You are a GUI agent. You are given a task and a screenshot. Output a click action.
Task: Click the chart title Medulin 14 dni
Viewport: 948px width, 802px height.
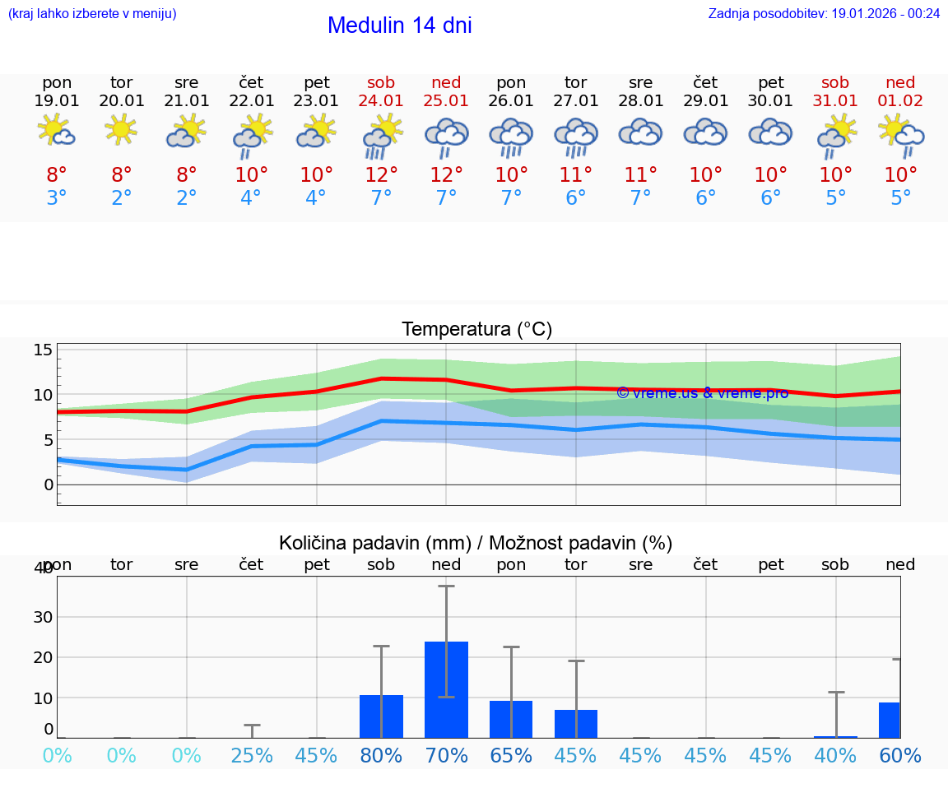pos(399,25)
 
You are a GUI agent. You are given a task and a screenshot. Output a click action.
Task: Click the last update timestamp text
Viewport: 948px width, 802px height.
pos(824,13)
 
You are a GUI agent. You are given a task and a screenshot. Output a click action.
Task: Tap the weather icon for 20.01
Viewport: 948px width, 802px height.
pos(122,130)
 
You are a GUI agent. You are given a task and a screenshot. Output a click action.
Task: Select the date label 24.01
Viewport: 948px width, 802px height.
pos(381,100)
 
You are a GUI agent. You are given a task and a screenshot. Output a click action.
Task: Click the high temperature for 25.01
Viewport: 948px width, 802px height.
pos(446,175)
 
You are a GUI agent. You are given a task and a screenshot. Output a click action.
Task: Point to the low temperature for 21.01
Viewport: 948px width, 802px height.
pos(187,198)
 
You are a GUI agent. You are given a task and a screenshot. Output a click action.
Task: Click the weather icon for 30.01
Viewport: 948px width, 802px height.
pos(770,132)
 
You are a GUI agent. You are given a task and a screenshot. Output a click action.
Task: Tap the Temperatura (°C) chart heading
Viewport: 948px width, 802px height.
pos(476,329)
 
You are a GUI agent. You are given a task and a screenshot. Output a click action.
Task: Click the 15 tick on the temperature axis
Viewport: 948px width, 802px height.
pos(43,350)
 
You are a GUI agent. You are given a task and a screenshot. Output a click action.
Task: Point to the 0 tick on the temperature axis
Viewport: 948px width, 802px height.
pos(48,484)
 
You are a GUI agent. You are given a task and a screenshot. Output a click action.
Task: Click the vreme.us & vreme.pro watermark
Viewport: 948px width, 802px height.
pos(702,393)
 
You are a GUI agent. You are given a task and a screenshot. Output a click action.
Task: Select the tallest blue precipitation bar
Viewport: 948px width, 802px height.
pos(446,689)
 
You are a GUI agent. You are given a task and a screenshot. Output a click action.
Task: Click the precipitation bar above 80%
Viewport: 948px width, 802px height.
pos(381,716)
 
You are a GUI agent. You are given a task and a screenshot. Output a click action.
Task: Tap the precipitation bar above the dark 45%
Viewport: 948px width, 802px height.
pos(576,723)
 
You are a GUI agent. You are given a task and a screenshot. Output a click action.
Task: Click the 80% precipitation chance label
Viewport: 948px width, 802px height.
pos(381,755)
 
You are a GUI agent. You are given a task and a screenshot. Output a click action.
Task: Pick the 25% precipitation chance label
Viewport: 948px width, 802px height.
pos(252,755)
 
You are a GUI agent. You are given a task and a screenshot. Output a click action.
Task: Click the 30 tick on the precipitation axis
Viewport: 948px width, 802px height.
pos(43,617)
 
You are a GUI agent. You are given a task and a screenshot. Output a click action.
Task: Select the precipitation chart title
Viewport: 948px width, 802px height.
pos(476,543)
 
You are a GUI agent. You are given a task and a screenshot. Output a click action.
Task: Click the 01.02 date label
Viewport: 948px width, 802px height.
pos(900,100)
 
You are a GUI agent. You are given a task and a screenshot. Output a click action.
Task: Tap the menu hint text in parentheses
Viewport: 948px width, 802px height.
pos(92,13)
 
